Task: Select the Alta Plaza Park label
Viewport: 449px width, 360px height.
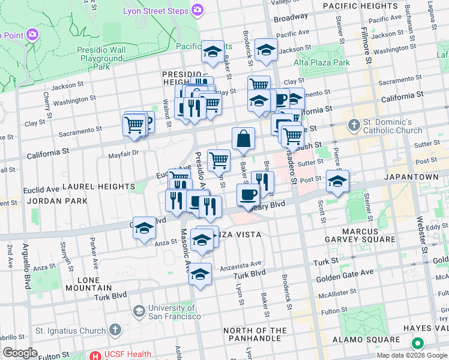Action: coord(322,62)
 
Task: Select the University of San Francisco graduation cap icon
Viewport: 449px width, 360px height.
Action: coord(139,311)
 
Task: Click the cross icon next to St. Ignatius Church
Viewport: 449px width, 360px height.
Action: coord(116,330)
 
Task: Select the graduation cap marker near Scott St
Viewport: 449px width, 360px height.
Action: coord(337,181)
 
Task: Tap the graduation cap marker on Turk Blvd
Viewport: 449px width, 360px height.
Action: coord(200,275)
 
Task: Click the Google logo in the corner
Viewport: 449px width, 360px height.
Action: coord(20,353)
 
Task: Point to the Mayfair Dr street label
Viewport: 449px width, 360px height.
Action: coord(124,152)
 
